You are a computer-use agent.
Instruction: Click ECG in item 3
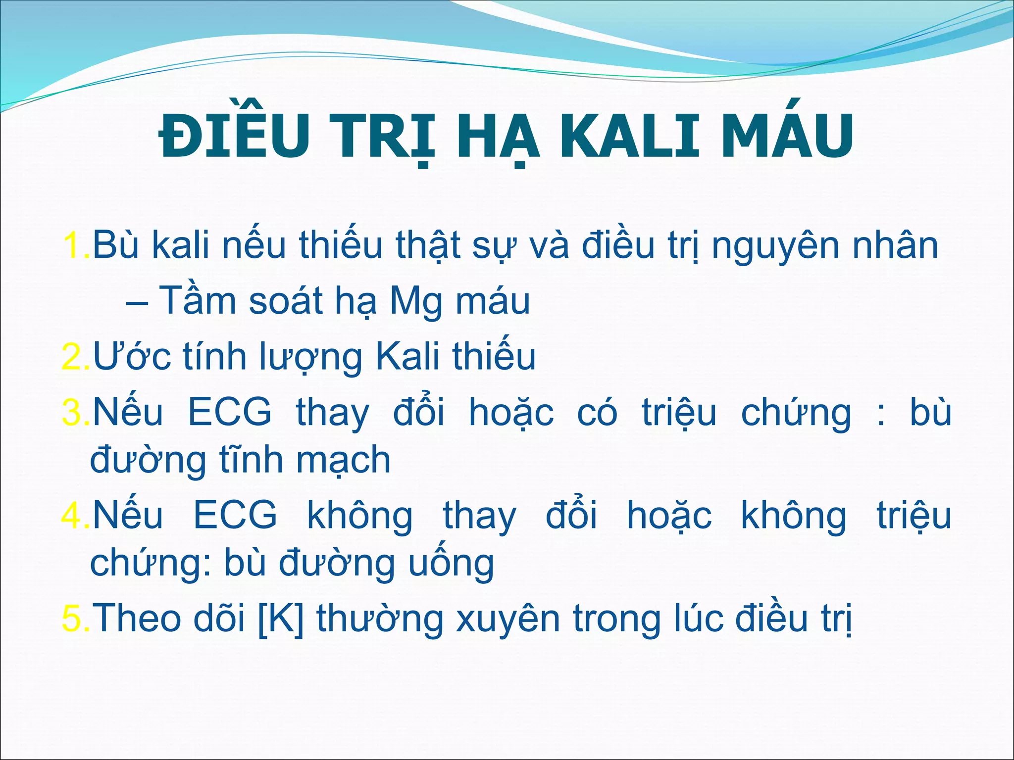coord(230,412)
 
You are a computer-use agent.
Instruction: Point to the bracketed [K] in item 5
coord(281,618)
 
